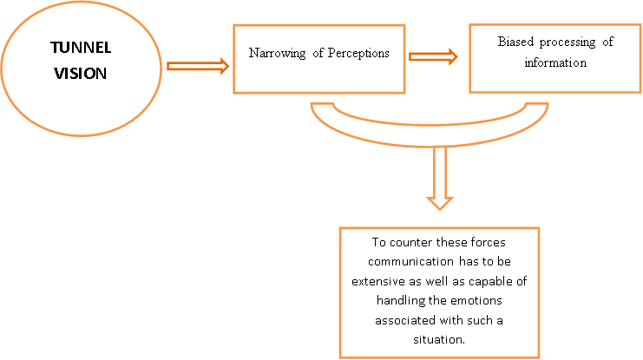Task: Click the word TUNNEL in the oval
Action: pos(81,48)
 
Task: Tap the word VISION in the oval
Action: pos(81,74)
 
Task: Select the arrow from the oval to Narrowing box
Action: pos(198,66)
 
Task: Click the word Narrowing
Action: pos(277,53)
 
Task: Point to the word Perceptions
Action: pos(358,53)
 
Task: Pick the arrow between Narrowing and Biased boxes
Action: pos(433,56)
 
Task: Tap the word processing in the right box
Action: pos(568,43)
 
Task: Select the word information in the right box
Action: pos(555,62)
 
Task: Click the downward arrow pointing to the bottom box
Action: pos(440,179)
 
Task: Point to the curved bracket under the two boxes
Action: pos(430,135)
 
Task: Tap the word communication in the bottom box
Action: pos(411,262)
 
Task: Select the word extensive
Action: pos(377,281)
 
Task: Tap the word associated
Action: pos(405,320)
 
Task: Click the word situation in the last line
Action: pos(437,339)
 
